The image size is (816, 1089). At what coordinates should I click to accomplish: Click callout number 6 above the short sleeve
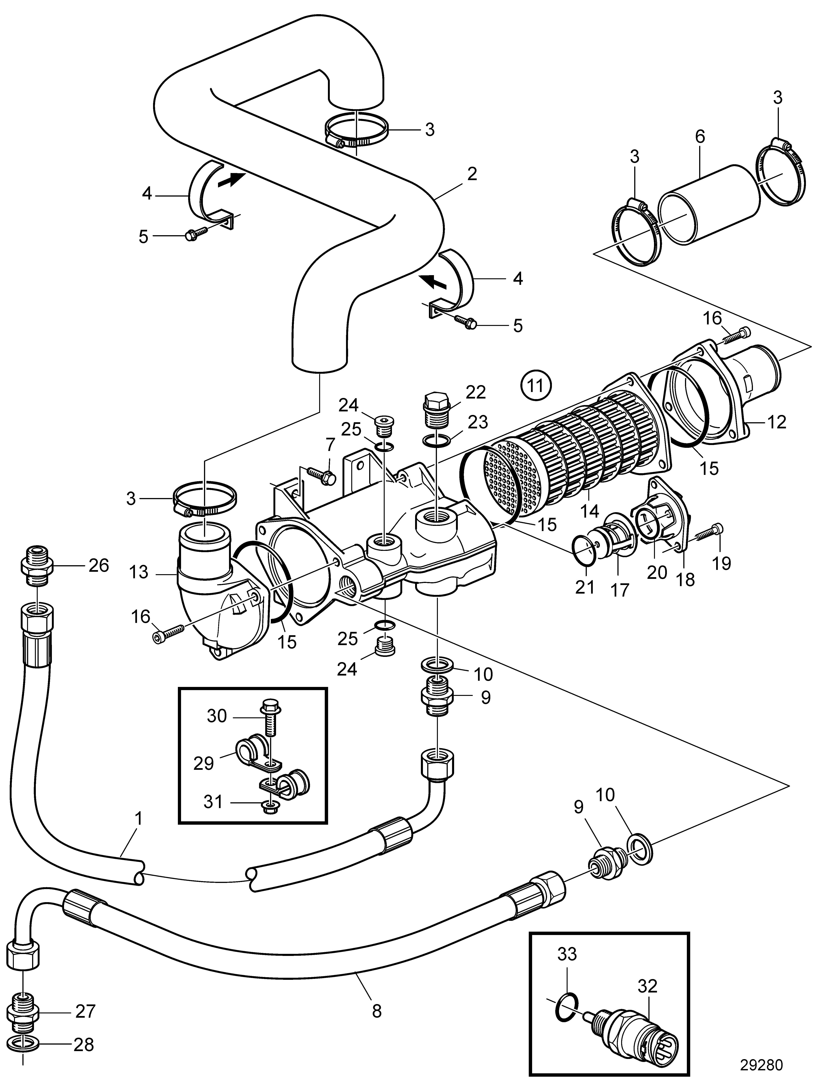700,136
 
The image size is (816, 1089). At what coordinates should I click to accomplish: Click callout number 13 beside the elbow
139,572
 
